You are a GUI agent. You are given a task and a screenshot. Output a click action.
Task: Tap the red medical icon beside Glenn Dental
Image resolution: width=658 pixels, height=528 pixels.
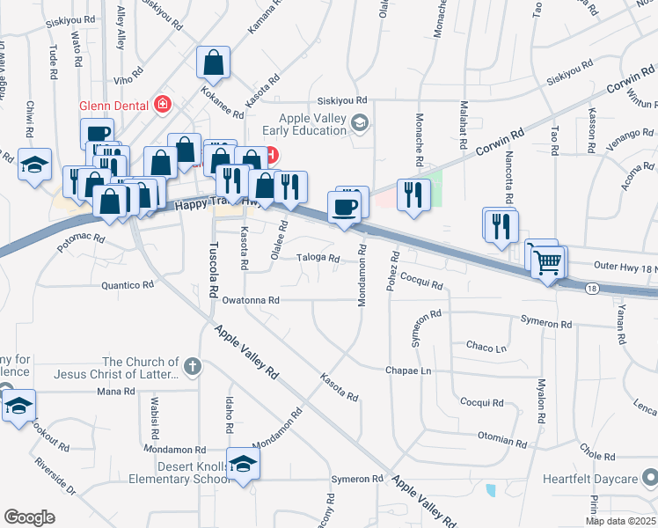(162, 106)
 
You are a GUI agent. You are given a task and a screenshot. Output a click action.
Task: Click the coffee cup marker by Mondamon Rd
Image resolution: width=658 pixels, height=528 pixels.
(344, 208)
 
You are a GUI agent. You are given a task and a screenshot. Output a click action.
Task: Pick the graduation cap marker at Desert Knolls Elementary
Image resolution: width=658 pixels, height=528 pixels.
(244, 464)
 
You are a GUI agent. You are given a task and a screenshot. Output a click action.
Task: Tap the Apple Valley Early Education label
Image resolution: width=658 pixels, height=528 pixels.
(312, 124)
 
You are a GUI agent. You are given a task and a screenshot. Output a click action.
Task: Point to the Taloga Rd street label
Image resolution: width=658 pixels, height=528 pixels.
(318, 258)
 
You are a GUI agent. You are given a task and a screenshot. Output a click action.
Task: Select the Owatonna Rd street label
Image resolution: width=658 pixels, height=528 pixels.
(251, 300)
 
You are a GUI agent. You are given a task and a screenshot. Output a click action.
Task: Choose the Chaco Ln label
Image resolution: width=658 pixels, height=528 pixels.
(487, 347)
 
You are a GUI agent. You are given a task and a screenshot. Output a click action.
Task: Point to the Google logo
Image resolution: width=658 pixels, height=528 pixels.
(29, 517)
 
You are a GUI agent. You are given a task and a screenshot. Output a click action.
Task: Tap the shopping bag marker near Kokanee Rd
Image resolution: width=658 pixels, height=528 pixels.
(213, 63)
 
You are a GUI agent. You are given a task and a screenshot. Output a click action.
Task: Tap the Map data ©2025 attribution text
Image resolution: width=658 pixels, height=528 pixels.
(620, 521)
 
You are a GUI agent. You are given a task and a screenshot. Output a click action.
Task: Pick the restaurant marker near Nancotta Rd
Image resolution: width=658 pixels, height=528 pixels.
(499, 226)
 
